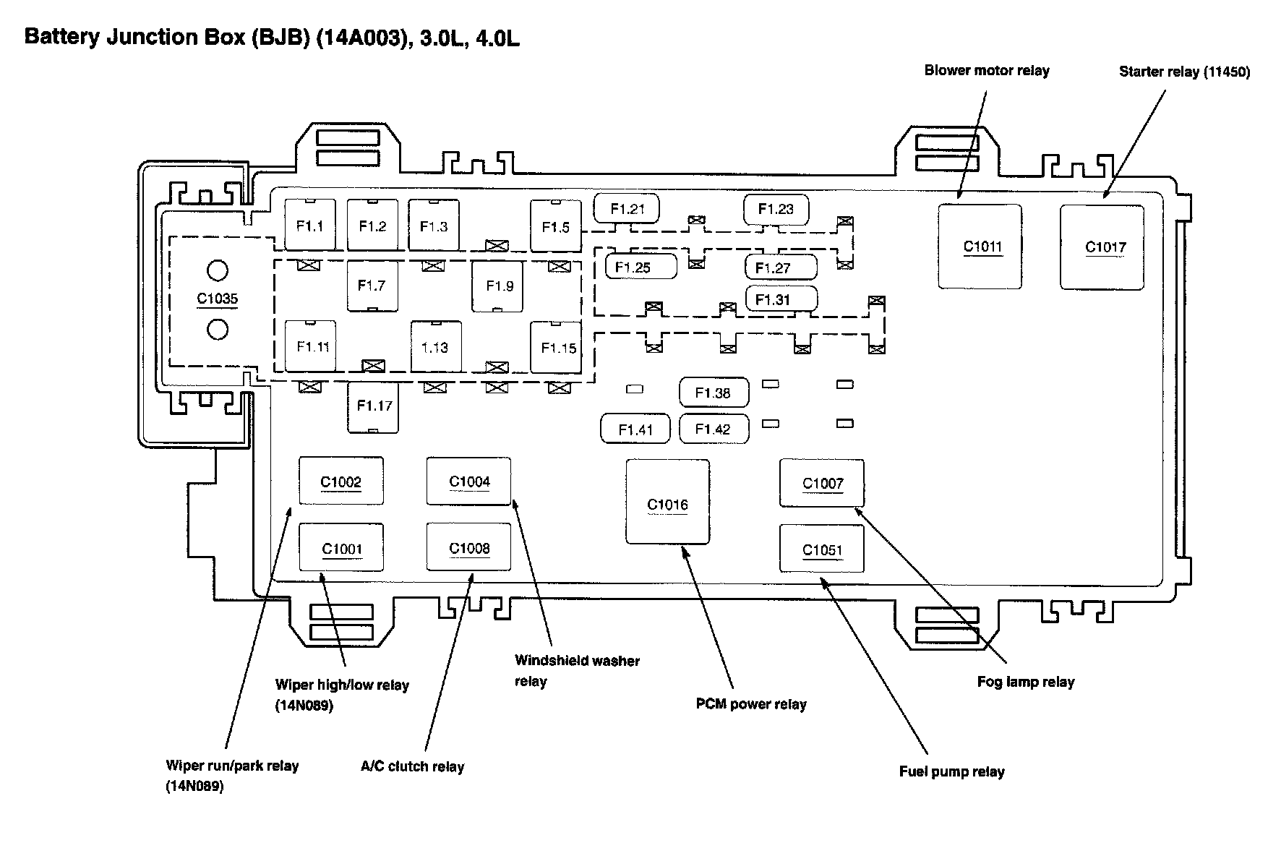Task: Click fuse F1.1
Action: point(310,225)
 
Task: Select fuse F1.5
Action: point(556,226)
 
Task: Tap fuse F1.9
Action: point(499,286)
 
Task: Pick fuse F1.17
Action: point(373,406)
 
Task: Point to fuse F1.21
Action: point(627,209)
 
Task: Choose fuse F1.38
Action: point(714,393)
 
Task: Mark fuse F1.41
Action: point(635,429)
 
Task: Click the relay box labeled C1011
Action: point(980,247)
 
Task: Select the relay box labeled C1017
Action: point(1102,247)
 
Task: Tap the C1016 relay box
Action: point(667,502)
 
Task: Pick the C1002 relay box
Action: point(341,481)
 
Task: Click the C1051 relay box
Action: point(822,549)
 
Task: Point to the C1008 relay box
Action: point(468,547)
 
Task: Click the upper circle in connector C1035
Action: point(218,271)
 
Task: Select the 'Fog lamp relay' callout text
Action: point(1025,682)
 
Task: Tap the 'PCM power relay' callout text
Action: point(751,704)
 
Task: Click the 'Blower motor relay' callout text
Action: point(987,70)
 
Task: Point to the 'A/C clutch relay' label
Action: point(412,766)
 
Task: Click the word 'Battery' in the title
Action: point(61,37)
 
